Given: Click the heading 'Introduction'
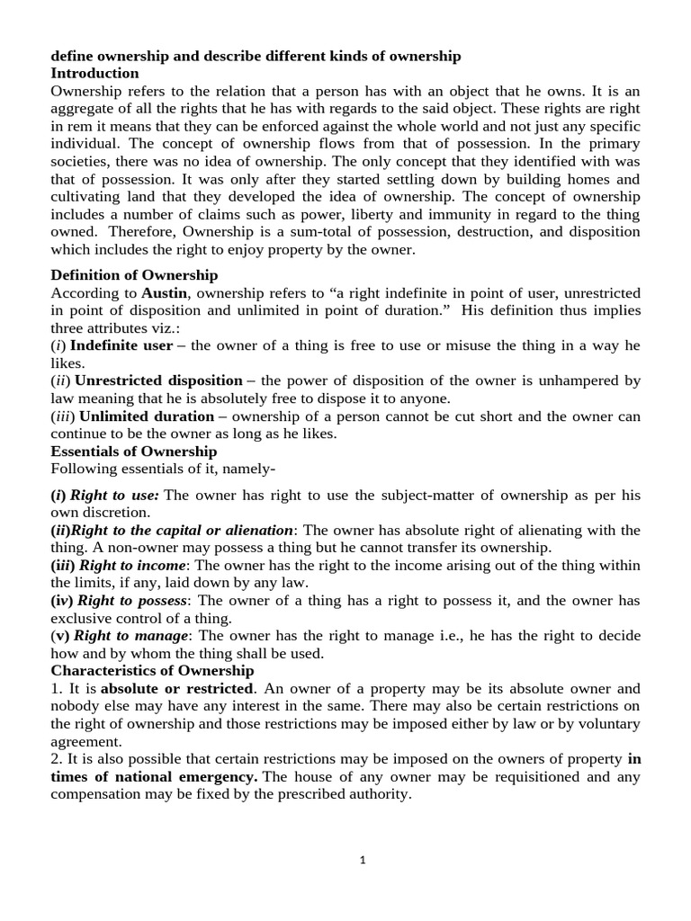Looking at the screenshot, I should pos(94,73).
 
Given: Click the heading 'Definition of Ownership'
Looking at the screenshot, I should pos(134,274).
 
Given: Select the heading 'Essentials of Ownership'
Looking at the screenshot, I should pos(134,451).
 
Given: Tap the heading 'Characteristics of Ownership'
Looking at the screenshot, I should pos(152,670).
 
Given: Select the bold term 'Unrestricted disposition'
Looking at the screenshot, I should pos(158,380).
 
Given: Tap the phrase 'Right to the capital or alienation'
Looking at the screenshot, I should pos(187,530).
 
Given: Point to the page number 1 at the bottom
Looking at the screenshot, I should pos(363,859).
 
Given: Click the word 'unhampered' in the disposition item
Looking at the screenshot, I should pos(583,380).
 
